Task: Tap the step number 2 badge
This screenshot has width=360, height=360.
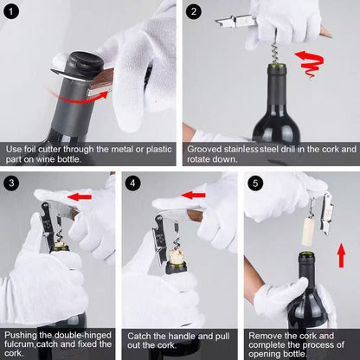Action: (196, 12)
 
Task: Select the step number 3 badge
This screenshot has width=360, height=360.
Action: (11, 183)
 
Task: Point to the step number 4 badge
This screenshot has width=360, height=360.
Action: (132, 183)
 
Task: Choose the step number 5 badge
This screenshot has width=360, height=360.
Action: (254, 183)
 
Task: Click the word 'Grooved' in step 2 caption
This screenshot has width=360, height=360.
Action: (209, 149)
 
